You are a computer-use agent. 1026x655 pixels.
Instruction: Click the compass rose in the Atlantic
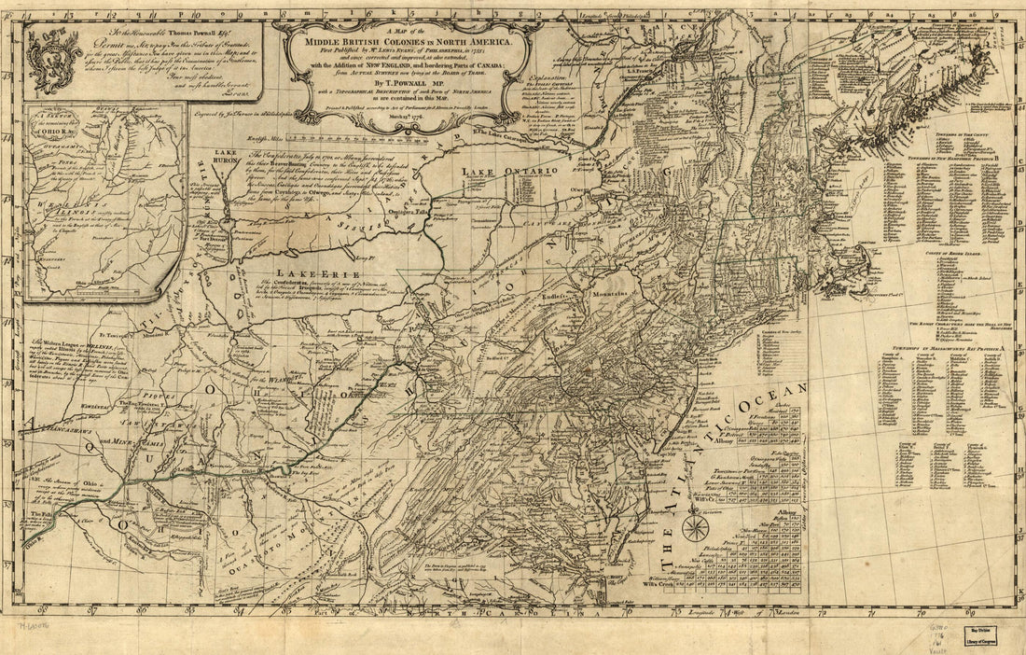[x=694, y=528]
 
